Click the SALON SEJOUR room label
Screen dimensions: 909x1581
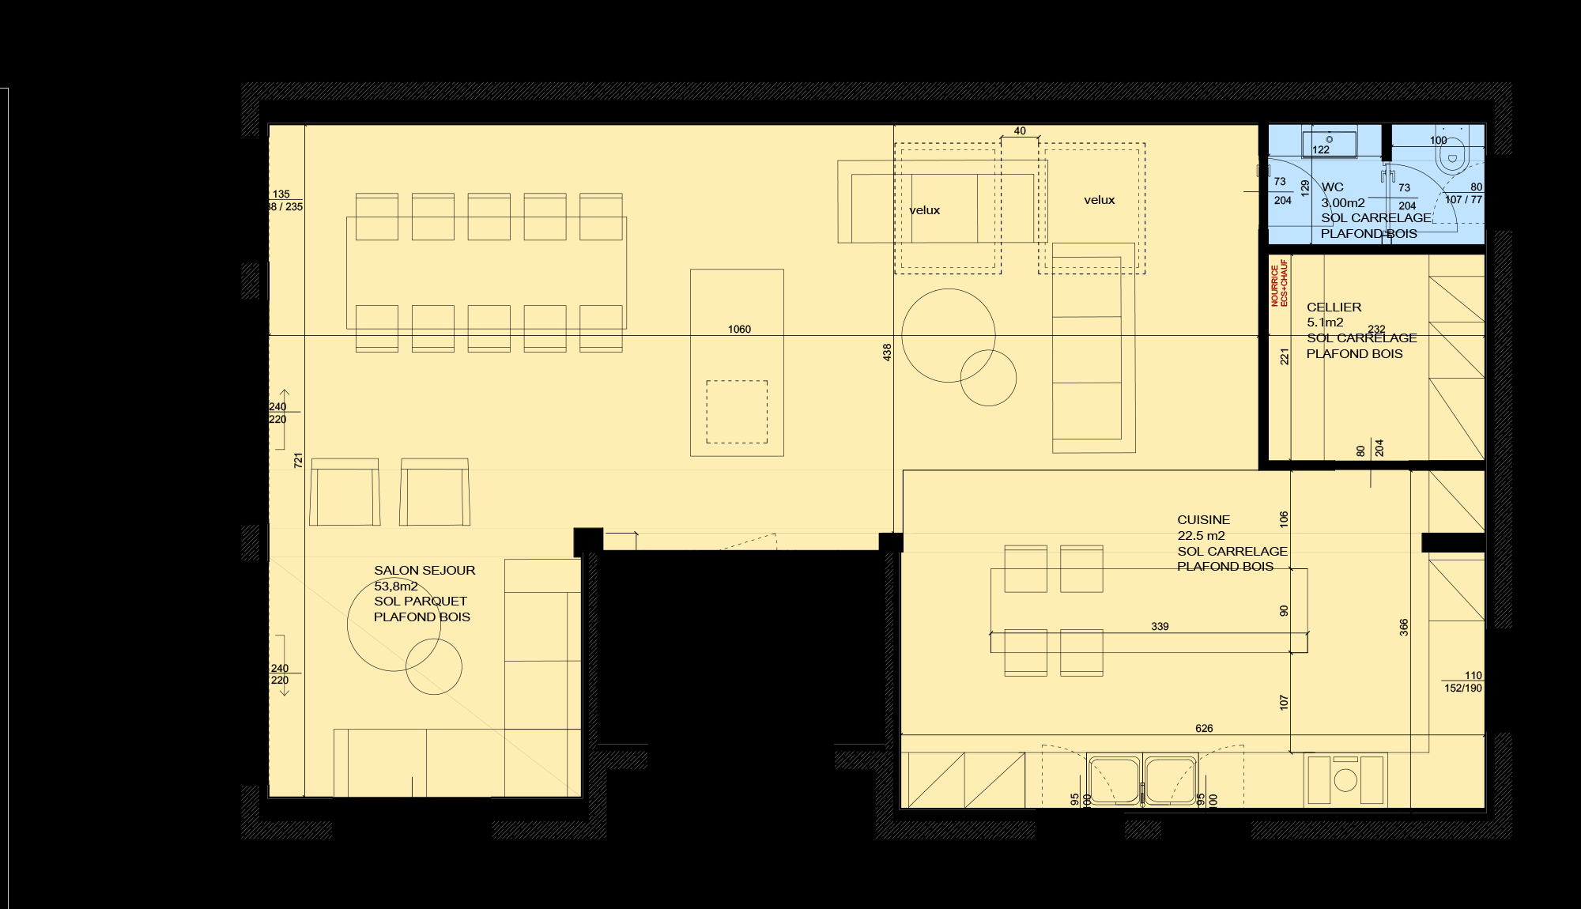[424, 571]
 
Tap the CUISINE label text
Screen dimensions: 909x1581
[1203, 520]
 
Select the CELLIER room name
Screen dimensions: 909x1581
[1334, 307]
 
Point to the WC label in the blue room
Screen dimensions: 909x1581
[1332, 187]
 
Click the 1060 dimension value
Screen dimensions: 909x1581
[739, 330]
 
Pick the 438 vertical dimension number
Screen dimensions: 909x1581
[887, 353]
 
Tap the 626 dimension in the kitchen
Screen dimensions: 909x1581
[1204, 729]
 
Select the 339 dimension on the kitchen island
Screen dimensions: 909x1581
[1160, 627]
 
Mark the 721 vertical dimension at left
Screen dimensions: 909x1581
[298, 460]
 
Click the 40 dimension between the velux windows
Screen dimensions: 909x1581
[1020, 131]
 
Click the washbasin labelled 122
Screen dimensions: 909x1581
[1329, 144]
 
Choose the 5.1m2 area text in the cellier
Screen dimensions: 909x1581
[1324, 322]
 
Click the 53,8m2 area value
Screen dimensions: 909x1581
[396, 587]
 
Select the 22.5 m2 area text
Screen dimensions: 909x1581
[1201, 536]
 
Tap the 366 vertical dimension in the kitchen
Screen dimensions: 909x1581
[1404, 627]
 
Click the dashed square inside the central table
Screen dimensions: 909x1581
[736, 412]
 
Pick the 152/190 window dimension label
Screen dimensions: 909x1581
[1463, 688]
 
